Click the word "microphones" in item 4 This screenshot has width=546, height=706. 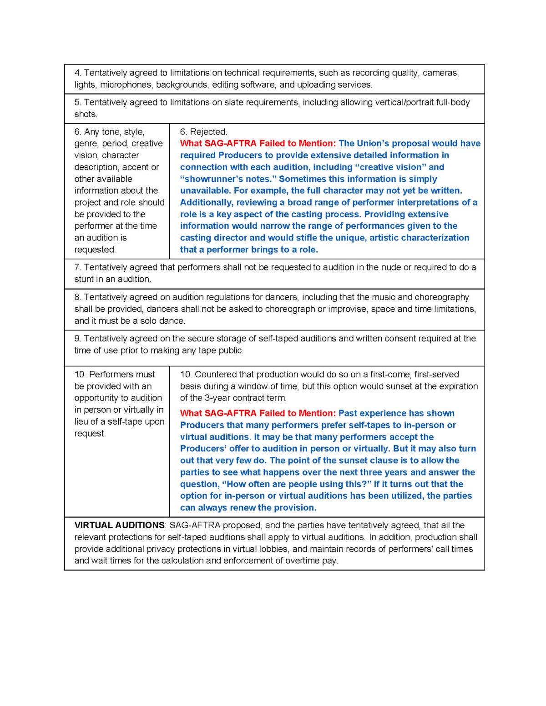[x=126, y=85]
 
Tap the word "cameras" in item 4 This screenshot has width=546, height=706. [x=440, y=73]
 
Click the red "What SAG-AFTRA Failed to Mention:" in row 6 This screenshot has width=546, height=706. [x=258, y=143]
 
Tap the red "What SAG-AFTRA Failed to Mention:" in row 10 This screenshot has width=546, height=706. [x=258, y=413]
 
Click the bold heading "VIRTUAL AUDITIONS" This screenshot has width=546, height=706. [x=119, y=526]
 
